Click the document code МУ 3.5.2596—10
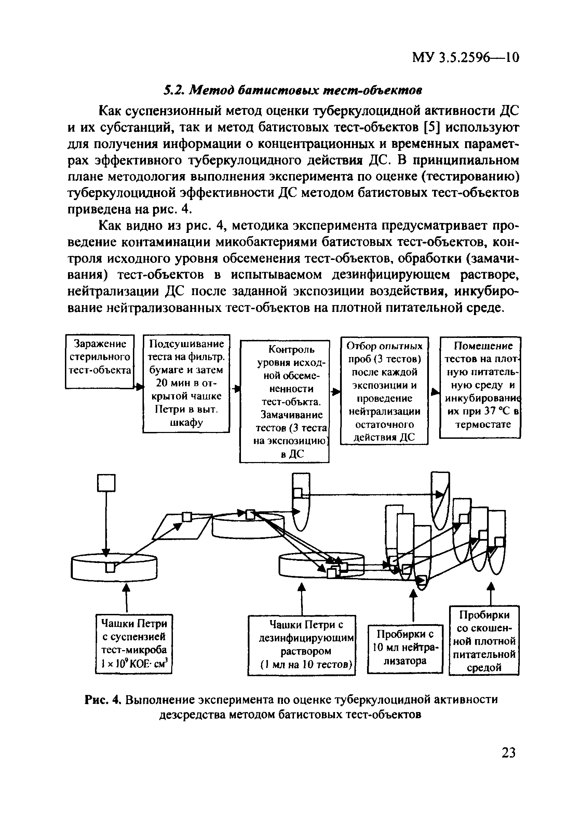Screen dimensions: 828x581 click(x=465, y=57)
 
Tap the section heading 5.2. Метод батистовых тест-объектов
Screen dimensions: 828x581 click(x=292, y=90)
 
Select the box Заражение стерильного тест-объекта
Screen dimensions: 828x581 click(x=100, y=362)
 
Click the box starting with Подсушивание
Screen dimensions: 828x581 click(x=186, y=383)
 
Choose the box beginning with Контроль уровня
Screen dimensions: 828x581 click(x=284, y=402)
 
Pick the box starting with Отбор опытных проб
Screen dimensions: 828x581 click(x=384, y=391)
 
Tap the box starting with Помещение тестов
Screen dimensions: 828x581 click(x=480, y=387)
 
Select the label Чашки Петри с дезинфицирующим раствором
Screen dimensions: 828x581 click(x=302, y=645)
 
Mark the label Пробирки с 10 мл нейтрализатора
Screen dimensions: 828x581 click(x=405, y=648)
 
